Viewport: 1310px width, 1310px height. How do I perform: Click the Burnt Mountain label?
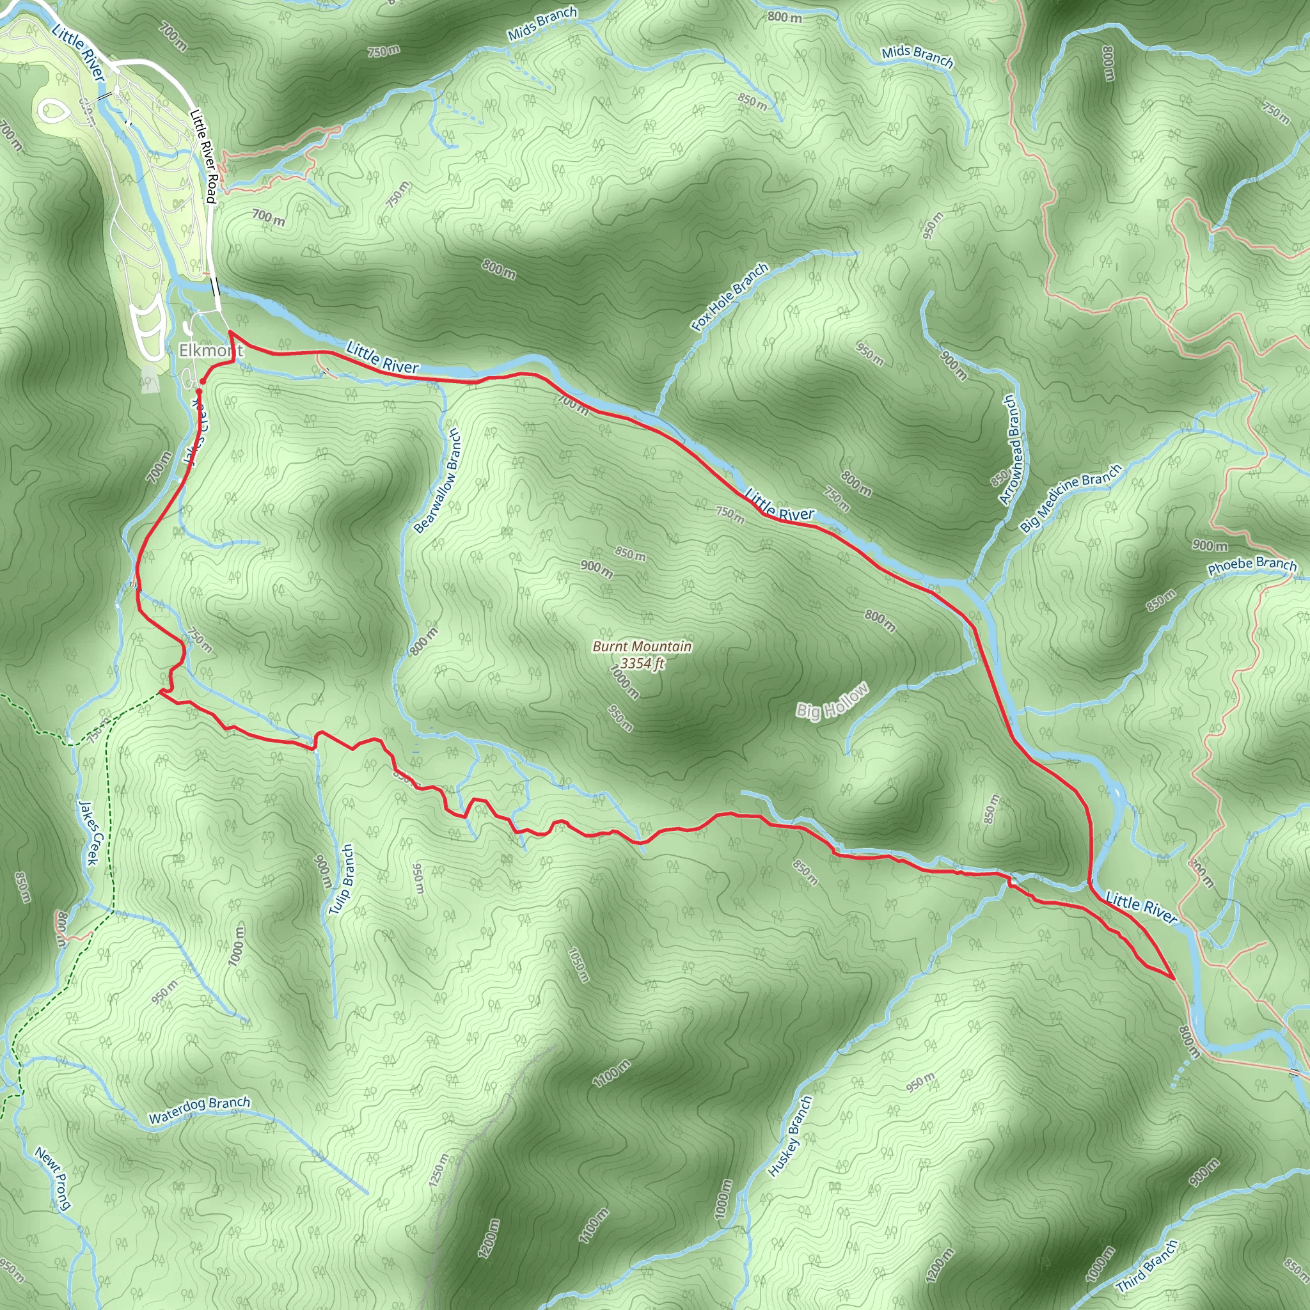point(642,646)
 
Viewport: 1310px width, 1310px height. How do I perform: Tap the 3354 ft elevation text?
point(642,663)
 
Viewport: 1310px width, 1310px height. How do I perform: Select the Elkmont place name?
point(210,350)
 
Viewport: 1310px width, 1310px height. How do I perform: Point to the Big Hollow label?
point(832,701)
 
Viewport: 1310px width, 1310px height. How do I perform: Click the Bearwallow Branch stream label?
point(437,480)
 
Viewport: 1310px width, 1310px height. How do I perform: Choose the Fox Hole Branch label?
point(730,297)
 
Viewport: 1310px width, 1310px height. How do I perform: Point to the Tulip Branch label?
point(341,880)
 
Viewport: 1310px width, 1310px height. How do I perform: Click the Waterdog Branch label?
point(200,1110)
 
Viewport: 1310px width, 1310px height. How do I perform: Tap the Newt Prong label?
point(53,1178)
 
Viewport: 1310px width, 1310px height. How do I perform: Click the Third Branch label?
point(1148,1265)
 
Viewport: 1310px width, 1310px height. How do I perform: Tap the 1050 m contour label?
point(578,965)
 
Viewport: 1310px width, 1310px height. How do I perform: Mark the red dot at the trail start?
point(202,381)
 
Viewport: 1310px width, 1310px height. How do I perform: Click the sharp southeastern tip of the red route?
point(1174,979)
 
